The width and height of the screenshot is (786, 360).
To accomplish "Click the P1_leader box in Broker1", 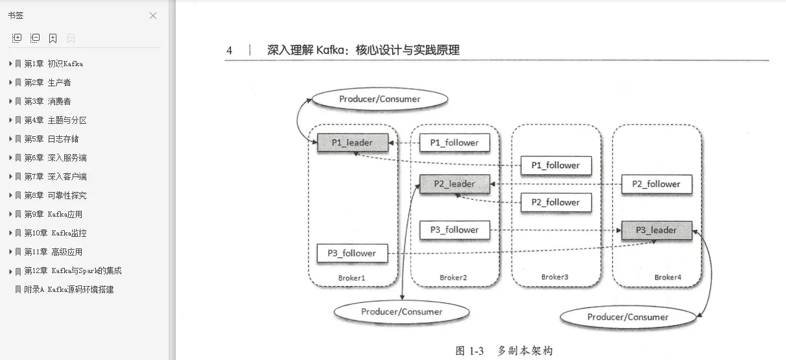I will (353, 143).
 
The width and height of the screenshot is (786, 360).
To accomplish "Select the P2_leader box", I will (455, 184).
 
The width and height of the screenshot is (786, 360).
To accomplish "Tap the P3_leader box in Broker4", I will (656, 230).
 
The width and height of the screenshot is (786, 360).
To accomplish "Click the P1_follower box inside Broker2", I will (455, 143).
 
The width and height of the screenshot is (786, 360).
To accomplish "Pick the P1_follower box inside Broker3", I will (556, 165).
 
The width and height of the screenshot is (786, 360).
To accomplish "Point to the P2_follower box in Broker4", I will (656, 184).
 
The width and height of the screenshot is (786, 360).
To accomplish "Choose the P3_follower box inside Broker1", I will (352, 253).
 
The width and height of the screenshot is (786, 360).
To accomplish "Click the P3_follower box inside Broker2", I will (455, 230).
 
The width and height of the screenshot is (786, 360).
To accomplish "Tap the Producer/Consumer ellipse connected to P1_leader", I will (379, 99).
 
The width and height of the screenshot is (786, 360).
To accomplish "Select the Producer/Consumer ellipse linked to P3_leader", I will (627, 317).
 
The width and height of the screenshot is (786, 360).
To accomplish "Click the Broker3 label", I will (554, 277).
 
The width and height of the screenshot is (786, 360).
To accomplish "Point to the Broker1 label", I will (352, 278).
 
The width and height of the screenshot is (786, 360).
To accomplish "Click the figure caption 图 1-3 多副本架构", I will (504, 351).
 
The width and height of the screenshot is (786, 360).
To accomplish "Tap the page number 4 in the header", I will (230, 51).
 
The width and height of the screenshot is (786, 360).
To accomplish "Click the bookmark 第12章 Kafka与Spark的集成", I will (73, 270).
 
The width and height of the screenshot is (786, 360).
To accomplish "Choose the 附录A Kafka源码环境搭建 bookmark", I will (69, 289).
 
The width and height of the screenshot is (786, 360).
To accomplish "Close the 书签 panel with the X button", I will (153, 16).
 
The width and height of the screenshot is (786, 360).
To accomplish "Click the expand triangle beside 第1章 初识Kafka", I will (10, 64).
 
